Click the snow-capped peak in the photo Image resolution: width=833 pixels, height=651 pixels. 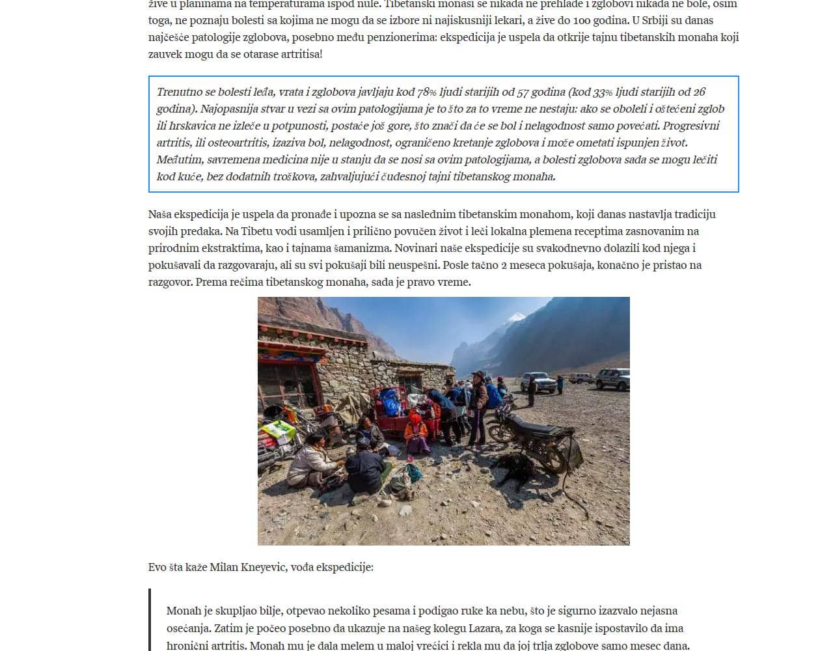coord(516,318)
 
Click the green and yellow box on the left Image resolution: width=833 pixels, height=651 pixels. coord(279,430)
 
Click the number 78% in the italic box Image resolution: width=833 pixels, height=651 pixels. coord(427,92)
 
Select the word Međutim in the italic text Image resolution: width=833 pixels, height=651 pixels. coord(179,159)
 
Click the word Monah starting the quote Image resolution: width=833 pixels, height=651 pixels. coord(183,611)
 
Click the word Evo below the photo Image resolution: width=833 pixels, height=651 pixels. coord(157,567)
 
